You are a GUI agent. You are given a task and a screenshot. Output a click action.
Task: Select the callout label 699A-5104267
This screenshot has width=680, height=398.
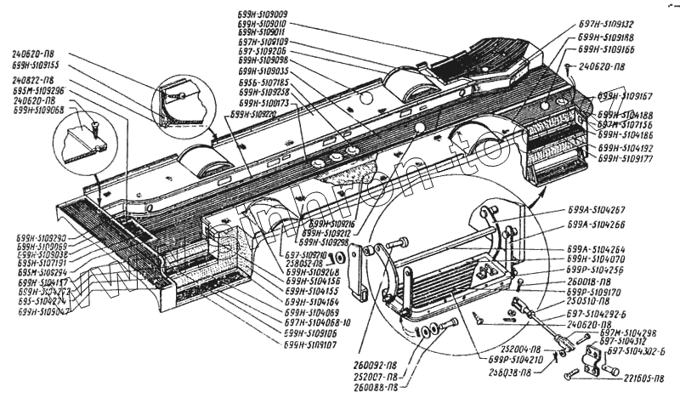pyautogui.click(x=597, y=209)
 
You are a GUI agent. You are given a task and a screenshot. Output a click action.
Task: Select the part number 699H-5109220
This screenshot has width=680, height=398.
pyautogui.click(x=253, y=114)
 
